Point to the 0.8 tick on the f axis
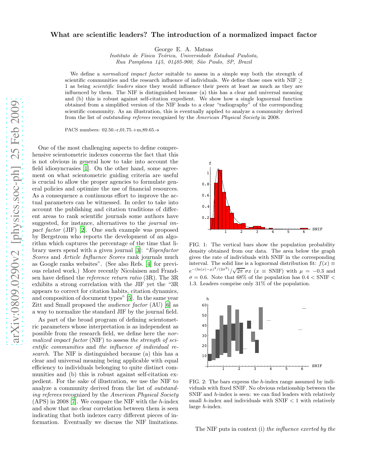(206, 184)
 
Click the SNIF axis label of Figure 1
(317, 229)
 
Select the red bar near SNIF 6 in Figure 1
(304, 229)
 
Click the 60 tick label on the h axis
(204, 305)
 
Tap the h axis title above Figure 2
(208, 299)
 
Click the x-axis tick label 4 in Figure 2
(271, 369)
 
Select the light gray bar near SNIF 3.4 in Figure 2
(261, 318)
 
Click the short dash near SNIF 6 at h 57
(304, 308)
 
